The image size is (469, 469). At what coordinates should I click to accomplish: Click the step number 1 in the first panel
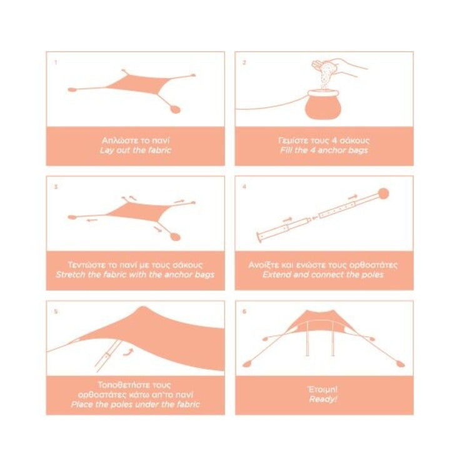56,63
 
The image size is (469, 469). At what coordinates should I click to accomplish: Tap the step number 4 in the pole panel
245,186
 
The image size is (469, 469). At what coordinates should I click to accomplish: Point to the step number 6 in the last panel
245,311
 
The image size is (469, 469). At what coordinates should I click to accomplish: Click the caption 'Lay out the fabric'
136,150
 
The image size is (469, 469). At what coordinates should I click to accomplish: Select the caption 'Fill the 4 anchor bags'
324,150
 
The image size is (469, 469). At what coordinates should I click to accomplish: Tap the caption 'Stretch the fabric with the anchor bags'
135,275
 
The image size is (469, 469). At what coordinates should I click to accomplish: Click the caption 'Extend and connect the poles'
323,275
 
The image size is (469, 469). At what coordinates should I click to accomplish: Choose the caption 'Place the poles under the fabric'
135,405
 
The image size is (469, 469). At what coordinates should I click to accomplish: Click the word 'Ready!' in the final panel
323,399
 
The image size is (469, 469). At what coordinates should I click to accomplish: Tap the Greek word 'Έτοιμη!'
323,390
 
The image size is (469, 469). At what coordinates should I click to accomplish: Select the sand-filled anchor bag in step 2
323,104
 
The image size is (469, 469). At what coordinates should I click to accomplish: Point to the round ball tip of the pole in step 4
383,194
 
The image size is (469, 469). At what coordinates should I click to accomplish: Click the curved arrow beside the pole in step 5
128,352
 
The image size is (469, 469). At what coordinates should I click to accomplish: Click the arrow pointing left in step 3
93,221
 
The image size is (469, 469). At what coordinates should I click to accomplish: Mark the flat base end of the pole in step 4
259,237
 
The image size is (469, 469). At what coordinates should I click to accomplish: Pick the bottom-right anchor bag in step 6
400,364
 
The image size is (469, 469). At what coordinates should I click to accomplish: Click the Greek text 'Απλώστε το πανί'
136,140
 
